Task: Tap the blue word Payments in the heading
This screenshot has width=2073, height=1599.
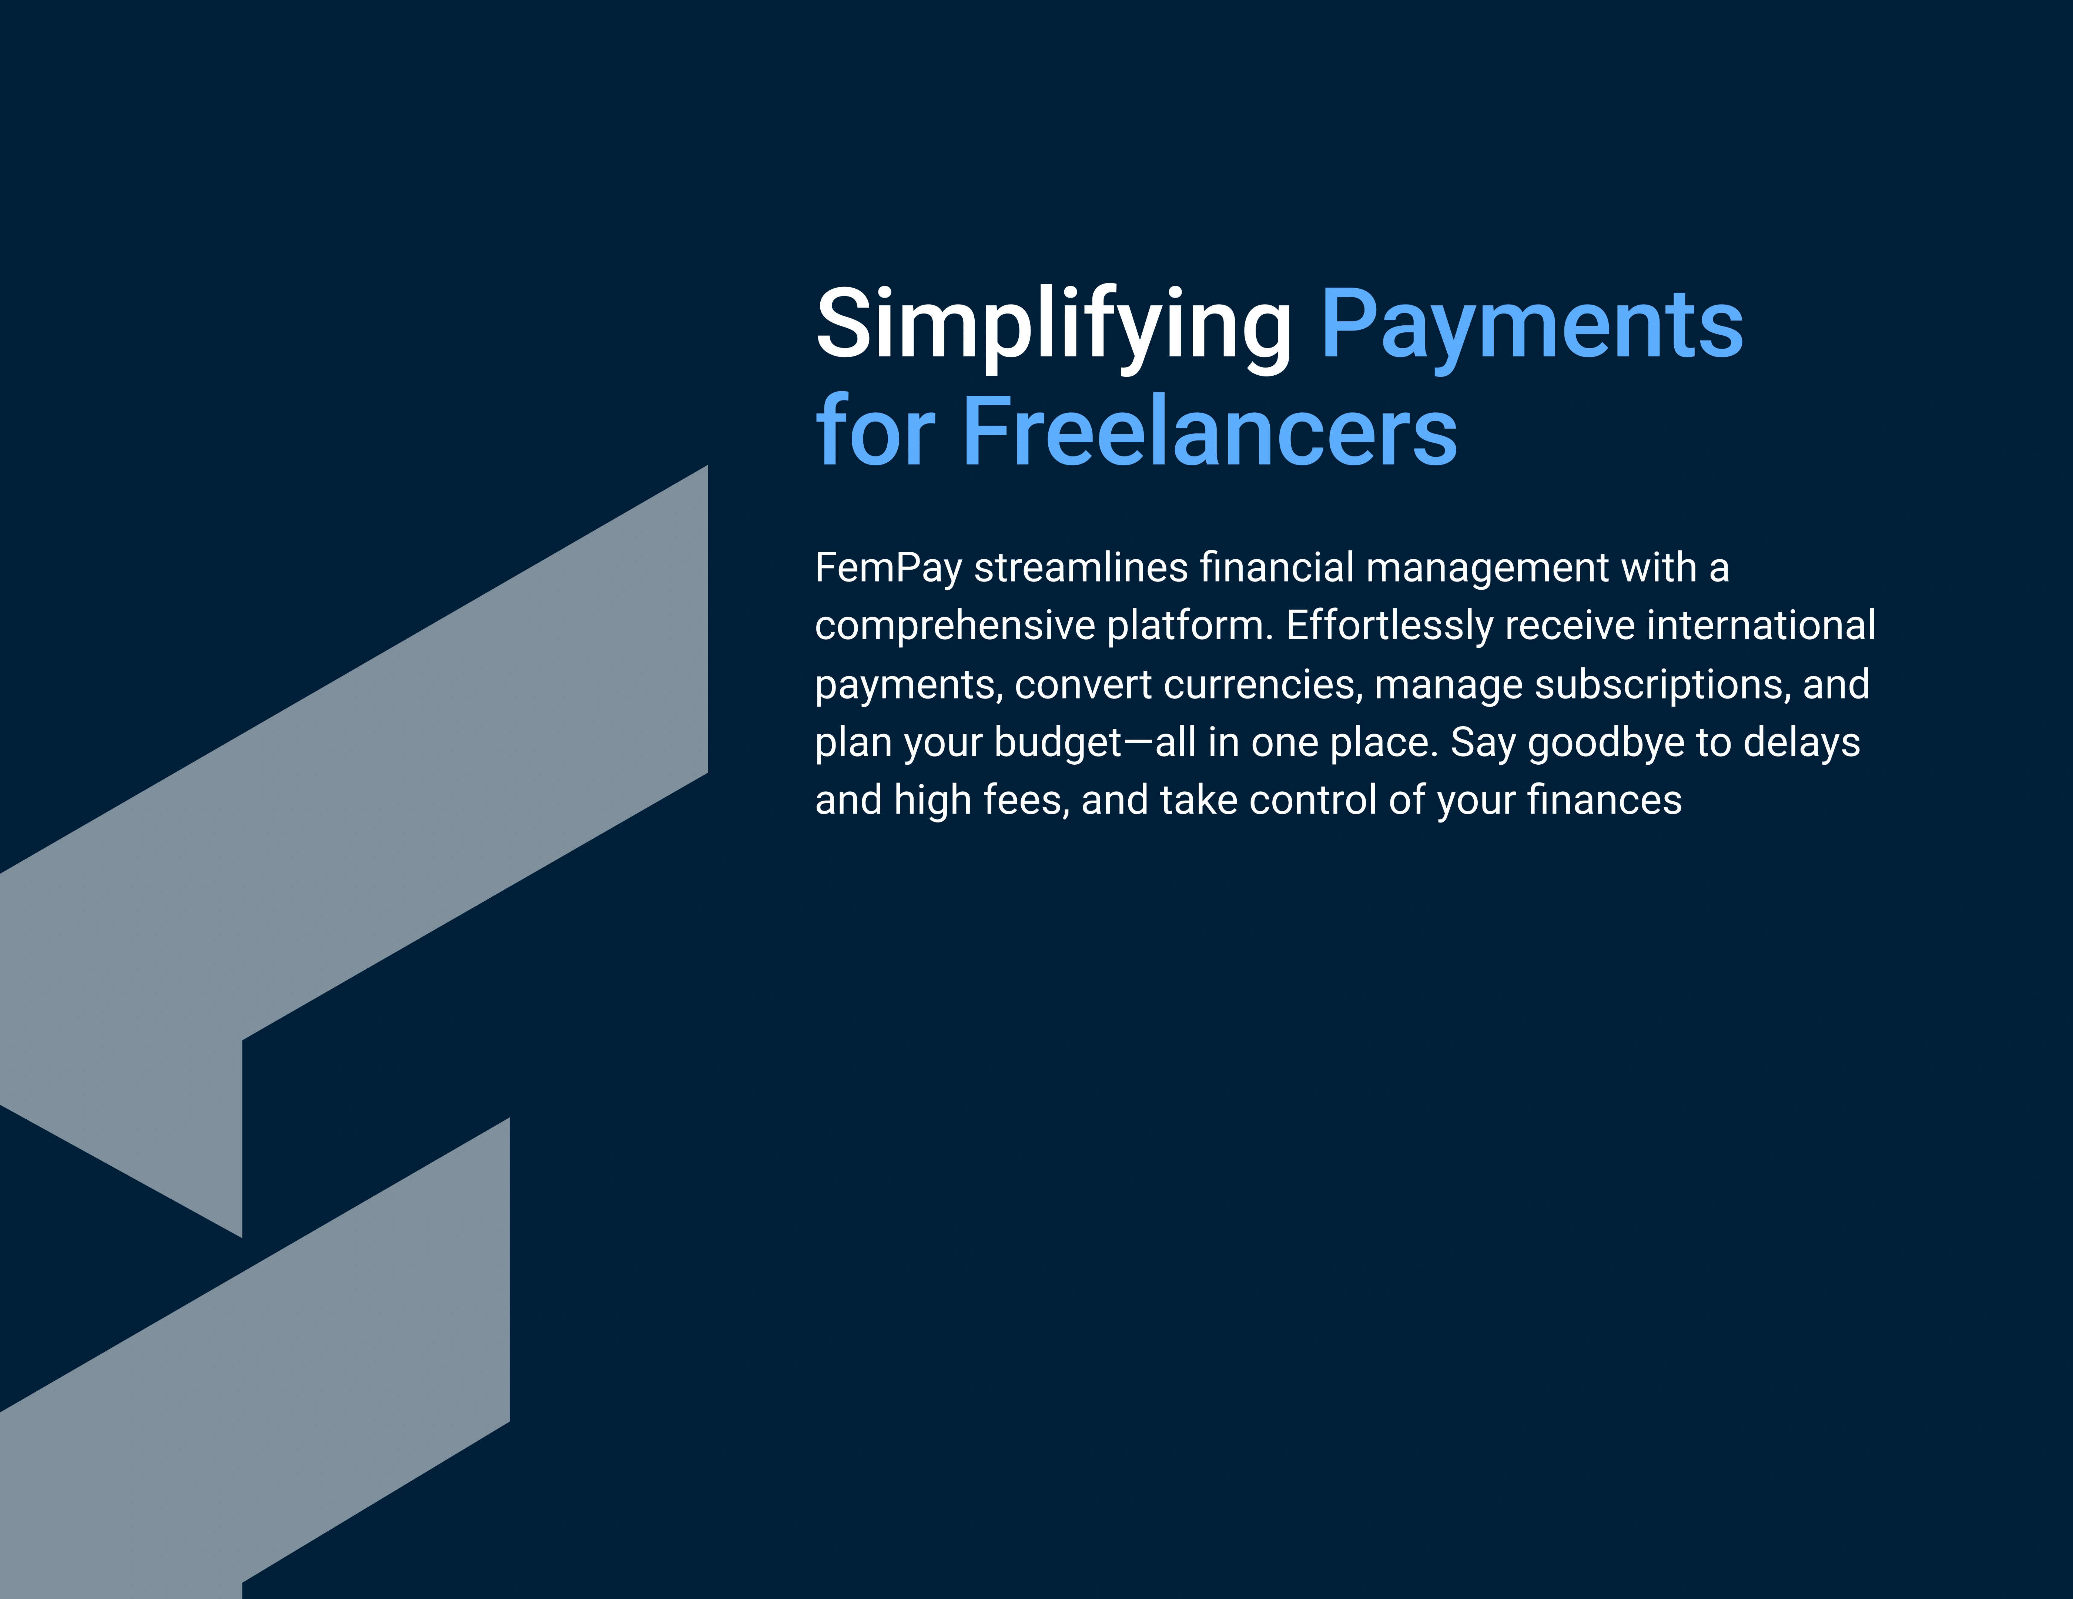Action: tap(1532, 328)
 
